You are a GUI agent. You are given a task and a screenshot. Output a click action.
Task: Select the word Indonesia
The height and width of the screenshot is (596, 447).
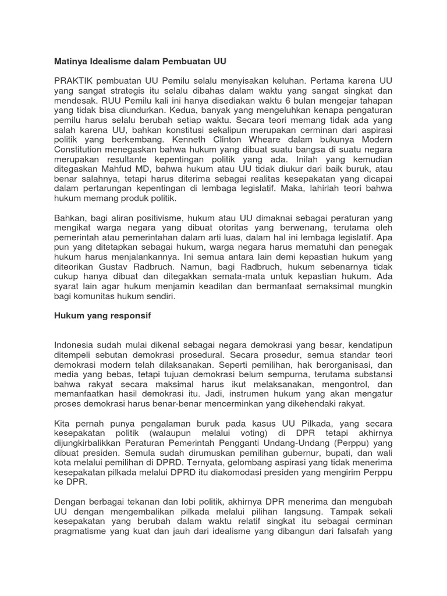[77, 344]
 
